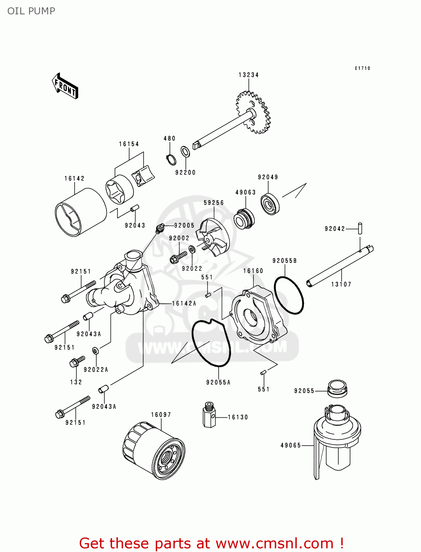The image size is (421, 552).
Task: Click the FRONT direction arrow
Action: pyautogui.click(x=65, y=86)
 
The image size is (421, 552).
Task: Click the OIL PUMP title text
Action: pyautogui.click(x=31, y=11)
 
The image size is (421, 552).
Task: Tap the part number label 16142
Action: pyautogui.click(x=75, y=178)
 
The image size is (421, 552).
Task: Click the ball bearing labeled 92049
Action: pyautogui.click(x=270, y=204)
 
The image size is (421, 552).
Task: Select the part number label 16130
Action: pyautogui.click(x=238, y=417)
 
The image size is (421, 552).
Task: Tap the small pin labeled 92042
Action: pyautogui.click(x=360, y=228)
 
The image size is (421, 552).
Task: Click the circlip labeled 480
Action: pyautogui.click(x=170, y=159)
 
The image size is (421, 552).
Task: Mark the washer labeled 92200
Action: pyautogui.click(x=186, y=151)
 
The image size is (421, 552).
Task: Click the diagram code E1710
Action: pyautogui.click(x=362, y=68)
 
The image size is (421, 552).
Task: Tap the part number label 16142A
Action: pyautogui.click(x=184, y=304)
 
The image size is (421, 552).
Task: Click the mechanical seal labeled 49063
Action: pyautogui.click(x=244, y=219)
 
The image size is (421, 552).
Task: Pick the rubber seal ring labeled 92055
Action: pyautogui.click(x=337, y=388)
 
